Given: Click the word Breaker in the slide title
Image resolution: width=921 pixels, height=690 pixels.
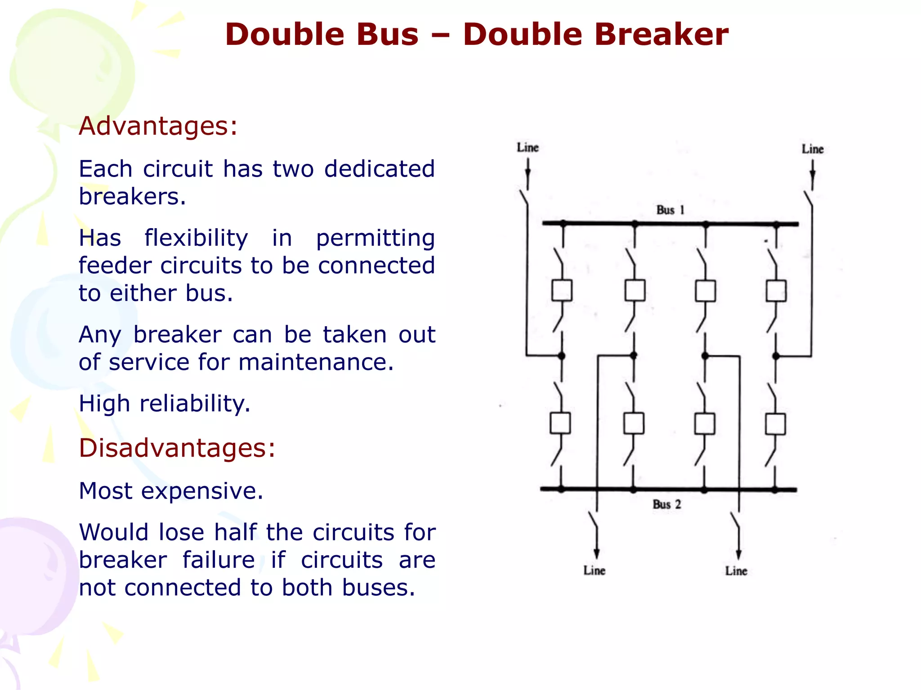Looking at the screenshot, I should click(x=595, y=35).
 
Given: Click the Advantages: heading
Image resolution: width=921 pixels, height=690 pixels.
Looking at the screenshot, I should click(x=158, y=126).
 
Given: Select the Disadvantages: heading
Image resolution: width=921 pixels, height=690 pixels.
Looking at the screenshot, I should click(x=177, y=448).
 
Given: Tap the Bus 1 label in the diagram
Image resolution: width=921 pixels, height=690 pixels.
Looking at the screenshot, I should click(x=670, y=210).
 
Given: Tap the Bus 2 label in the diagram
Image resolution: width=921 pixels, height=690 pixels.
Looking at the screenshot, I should click(x=667, y=504).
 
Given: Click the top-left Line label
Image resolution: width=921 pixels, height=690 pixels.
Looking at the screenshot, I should click(x=528, y=147).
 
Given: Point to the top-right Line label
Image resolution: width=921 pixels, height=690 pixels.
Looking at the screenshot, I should click(x=812, y=149).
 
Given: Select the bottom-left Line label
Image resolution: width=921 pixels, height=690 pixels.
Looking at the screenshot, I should click(x=594, y=571).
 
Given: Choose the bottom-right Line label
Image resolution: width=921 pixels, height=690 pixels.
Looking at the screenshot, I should click(x=736, y=571).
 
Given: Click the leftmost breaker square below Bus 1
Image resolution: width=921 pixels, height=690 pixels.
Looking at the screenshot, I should click(x=562, y=290).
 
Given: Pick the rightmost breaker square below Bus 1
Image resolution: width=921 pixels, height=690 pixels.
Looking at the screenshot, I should click(x=776, y=291).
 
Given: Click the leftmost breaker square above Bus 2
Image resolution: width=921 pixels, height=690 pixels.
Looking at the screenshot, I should click(x=560, y=423).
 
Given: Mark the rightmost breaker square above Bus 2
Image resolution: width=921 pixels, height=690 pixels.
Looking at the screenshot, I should click(x=775, y=424).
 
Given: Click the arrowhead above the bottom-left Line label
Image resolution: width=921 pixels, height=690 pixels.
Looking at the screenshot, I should click(x=596, y=553).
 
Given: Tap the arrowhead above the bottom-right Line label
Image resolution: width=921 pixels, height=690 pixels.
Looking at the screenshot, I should click(x=738, y=554).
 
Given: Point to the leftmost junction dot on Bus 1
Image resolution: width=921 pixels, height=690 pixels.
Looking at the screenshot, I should click(x=563, y=223).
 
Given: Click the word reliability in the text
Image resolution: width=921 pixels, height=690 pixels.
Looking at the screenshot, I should click(x=195, y=403).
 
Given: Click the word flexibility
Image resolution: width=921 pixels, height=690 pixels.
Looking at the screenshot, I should click(x=196, y=238).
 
